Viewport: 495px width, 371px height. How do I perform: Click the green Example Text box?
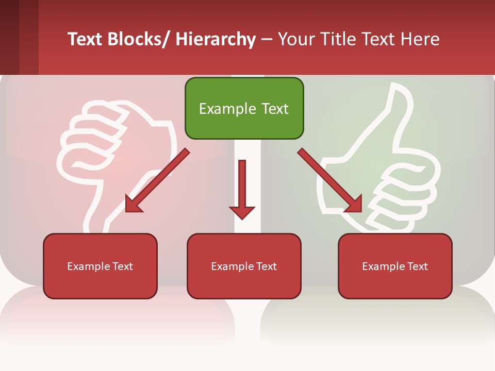coord(244,108)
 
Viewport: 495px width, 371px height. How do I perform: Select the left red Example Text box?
coord(100,266)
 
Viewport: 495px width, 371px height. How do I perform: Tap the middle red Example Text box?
coord(244,266)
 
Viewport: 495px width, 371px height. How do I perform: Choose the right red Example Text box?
coord(395,266)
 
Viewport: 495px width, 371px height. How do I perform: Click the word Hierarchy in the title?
coord(216,40)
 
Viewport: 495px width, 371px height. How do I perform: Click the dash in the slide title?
coord(267,40)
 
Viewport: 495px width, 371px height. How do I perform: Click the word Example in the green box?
coord(220,109)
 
